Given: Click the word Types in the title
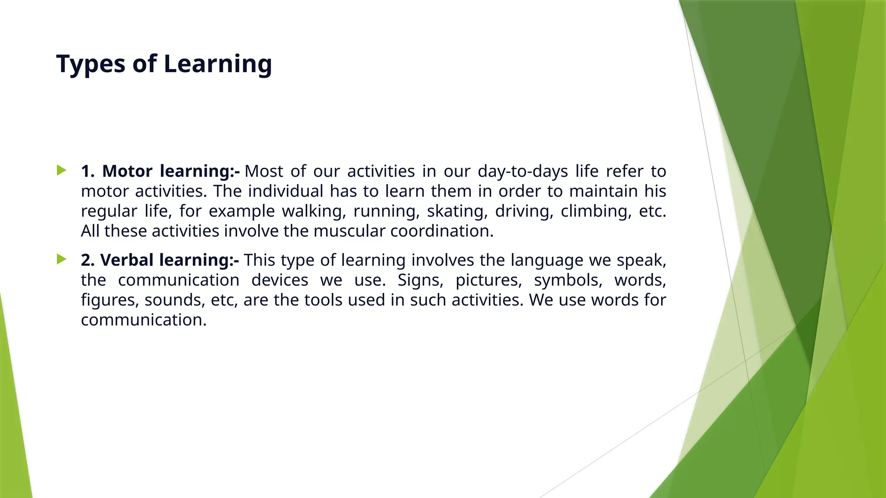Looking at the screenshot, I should coord(91,64).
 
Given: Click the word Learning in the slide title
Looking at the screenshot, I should coord(218,64).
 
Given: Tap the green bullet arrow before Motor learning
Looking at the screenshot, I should coord(61,170).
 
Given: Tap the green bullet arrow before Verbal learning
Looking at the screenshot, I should coord(61,259).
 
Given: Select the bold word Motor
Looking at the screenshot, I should coord(127,171).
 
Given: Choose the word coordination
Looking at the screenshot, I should coord(441,231).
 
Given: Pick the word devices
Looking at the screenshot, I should coord(279,280).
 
